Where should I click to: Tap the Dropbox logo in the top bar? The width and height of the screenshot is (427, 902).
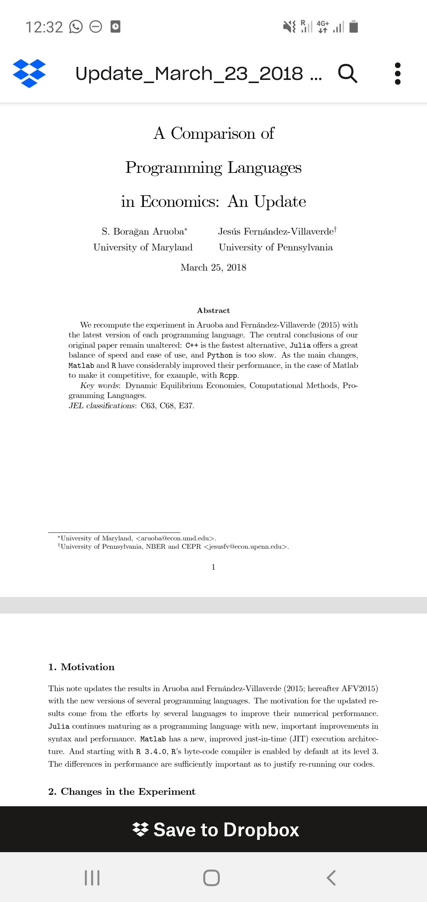[x=29, y=73]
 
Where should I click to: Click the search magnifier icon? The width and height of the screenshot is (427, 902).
[x=348, y=73]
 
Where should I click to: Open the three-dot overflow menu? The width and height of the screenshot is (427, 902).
[x=398, y=73]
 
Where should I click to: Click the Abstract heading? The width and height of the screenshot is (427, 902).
[x=213, y=311]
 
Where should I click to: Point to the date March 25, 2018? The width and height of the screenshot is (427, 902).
[x=213, y=268]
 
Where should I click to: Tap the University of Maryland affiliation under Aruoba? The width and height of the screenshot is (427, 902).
[x=143, y=247]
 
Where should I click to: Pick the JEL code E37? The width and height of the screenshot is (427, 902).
[x=186, y=406]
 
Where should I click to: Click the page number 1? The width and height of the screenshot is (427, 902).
[x=213, y=567]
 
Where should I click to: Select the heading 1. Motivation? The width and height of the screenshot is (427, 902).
[x=81, y=667]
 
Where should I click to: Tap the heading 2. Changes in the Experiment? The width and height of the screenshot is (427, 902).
[x=122, y=792]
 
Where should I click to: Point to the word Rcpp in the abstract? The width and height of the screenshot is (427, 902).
[x=229, y=375]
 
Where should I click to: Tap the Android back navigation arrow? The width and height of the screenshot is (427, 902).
[x=331, y=877]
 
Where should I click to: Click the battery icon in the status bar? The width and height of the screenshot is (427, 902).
[x=354, y=27]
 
